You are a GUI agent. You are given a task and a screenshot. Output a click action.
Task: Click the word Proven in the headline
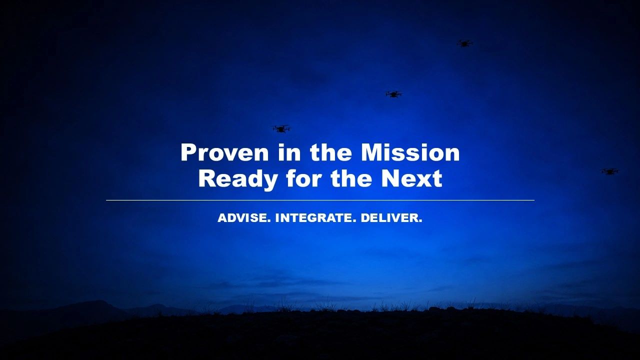coord(224,152)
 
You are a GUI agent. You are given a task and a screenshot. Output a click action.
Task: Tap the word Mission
coord(410,152)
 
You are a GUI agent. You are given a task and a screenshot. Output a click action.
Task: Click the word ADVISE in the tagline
coord(244,218)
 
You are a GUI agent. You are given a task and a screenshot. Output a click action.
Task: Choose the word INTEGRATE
coord(315,218)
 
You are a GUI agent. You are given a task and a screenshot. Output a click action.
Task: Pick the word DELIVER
coord(391,218)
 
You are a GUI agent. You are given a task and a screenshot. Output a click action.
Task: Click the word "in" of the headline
coord(289,152)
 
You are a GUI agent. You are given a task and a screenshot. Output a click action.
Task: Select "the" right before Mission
coord(330,152)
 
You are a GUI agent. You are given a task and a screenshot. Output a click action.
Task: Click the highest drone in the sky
coord(464,43)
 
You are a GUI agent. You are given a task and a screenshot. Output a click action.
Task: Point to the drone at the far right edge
coord(609,171)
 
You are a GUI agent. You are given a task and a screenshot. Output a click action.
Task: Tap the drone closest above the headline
coord(281,129)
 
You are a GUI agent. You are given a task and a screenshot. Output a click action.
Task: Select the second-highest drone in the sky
coord(393,94)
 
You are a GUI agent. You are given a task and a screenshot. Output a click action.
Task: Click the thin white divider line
coord(320,200)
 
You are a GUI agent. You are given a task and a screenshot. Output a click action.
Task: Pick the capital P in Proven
coord(189,152)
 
